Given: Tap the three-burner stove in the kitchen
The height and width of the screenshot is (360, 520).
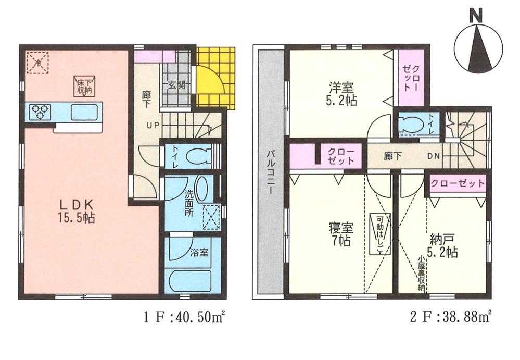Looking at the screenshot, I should pyautogui.click(x=39, y=111).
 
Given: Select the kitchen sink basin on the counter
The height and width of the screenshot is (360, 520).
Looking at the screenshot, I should pyautogui.click(x=81, y=111).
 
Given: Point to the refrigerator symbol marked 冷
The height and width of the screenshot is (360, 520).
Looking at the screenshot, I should pyautogui.click(x=38, y=62).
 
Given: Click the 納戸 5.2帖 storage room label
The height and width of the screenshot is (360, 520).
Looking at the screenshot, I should pyautogui.click(x=443, y=247).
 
